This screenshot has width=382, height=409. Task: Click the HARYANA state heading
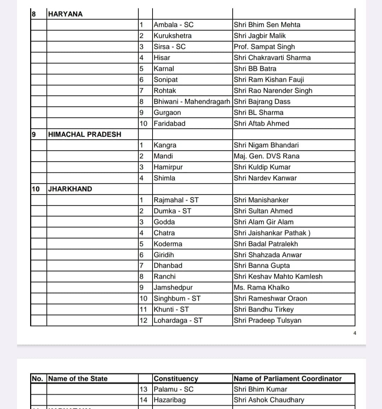(65, 14)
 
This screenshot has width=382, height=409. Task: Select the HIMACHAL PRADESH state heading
(84, 135)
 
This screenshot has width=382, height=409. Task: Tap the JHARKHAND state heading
(70, 189)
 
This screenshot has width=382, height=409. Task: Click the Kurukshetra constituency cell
(172, 36)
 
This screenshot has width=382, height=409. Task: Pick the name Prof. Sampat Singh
(264, 47)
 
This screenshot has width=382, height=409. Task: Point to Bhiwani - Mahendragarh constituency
(192, 102)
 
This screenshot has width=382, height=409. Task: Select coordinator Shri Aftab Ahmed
(261, 124)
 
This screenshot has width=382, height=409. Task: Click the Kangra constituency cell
(165, 145)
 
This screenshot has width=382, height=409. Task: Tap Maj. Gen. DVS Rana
(266, 156)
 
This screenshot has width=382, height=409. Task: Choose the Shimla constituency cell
(164, 178)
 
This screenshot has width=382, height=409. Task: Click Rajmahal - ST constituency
(176, 200)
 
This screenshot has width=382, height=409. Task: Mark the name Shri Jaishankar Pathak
(272, 233)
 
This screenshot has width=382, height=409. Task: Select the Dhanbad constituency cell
(168, 266)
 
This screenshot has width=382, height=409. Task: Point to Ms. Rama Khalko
(261, 288)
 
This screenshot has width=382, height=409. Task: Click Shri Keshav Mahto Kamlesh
(278, 277)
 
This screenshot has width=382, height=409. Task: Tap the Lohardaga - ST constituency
(178, 320)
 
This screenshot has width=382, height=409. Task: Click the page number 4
(354, 333)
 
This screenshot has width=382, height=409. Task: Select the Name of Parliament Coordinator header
(288, 379)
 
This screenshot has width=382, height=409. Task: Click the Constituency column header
(176, 379)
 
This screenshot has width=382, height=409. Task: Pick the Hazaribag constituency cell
(170, 400)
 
